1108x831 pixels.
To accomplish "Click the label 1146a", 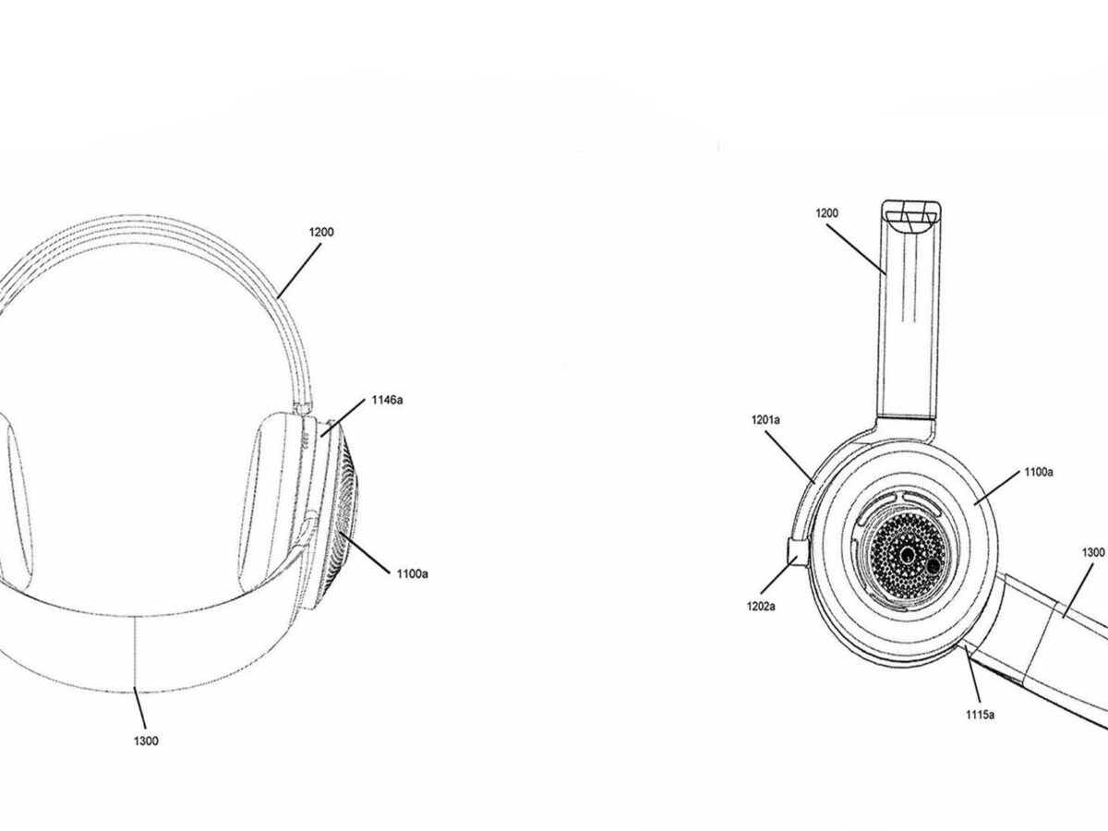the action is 387,400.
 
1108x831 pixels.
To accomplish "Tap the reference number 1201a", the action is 765,420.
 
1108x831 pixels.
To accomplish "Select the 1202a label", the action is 761,607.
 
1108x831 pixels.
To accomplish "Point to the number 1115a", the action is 981,715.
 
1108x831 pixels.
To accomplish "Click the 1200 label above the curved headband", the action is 321,232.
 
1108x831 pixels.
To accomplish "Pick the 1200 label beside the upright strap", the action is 826,213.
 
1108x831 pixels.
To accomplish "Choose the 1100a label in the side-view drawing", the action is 1039,472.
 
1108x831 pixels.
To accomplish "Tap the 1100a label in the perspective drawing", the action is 413,573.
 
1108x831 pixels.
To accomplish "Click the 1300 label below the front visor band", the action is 146,741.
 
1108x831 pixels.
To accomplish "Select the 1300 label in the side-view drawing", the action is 1093,552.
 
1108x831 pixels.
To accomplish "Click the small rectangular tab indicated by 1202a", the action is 797,552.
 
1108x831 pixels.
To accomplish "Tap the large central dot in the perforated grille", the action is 907,556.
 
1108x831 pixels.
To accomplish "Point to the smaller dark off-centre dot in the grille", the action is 933,566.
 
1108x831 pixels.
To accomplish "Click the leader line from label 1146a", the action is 343,419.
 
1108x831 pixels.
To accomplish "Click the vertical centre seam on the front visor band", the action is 135,655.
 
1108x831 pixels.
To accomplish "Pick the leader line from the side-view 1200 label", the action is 856,249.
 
